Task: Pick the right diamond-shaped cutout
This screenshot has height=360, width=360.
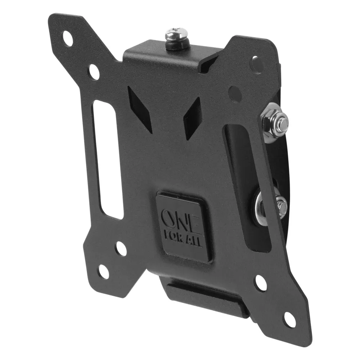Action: click(193, 118)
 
